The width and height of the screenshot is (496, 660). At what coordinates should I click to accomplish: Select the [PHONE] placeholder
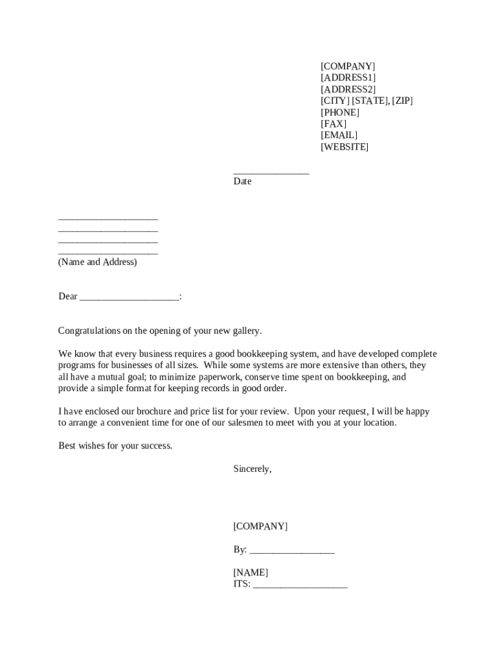click(340, 113)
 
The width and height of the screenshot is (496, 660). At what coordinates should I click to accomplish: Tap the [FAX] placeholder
click(333, 124)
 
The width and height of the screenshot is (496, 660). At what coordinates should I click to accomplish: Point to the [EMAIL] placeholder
click(339, 135)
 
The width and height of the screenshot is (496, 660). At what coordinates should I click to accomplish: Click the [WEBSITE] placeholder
click(345, 147)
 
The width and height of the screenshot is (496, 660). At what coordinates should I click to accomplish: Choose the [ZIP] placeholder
click(403, 101)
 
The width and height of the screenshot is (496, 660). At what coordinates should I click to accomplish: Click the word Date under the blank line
click(242, 182)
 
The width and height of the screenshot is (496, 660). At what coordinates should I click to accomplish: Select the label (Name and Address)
click(97, 262)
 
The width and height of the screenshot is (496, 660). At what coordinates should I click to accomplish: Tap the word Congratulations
click(89, 331)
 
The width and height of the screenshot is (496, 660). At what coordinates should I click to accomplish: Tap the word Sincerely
click(252, 469)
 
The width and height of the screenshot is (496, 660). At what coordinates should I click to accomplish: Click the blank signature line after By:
click(292, 551)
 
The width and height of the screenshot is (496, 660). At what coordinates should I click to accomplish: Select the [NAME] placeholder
click(251, 573)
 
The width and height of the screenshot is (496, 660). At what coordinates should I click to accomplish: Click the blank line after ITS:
click(300, 585)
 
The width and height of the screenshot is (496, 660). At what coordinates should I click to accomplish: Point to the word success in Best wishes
click(155, 446)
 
